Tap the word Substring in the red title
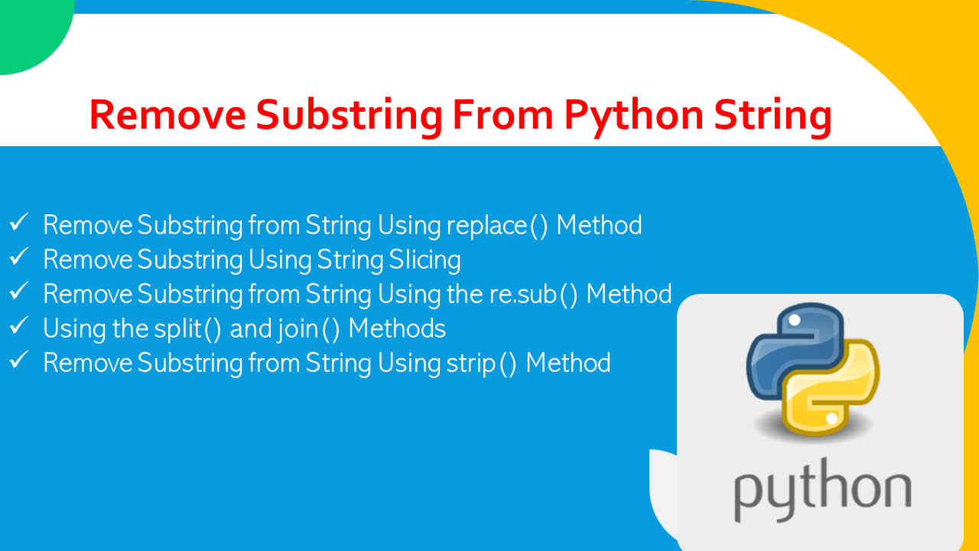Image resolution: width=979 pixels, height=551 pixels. [x=349, y=116]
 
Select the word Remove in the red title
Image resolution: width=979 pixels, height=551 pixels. [x=167, y=116]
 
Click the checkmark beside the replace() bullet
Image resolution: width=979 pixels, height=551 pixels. [x=19, y=223]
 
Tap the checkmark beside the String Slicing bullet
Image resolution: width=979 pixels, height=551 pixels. [x=19, y=258]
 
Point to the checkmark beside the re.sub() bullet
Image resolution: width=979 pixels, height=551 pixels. [x=19, y=292]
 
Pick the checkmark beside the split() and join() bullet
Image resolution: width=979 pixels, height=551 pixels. [x=19, y=327]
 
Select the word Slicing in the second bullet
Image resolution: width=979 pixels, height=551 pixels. [x=424, y=260]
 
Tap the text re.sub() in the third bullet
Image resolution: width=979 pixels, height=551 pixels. [x=534, y=294]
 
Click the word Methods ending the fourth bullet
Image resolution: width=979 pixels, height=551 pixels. [x=397, y=328]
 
